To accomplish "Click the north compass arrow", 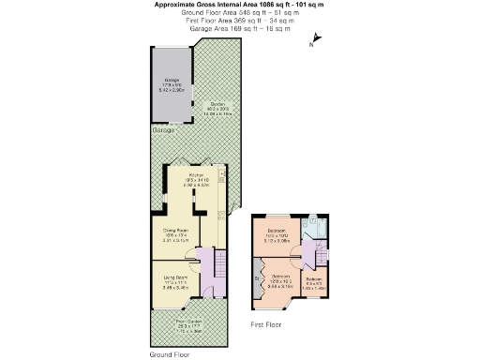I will (316, 39).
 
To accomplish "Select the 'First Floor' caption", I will (267, 324).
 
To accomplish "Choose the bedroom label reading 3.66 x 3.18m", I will (280, 279).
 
